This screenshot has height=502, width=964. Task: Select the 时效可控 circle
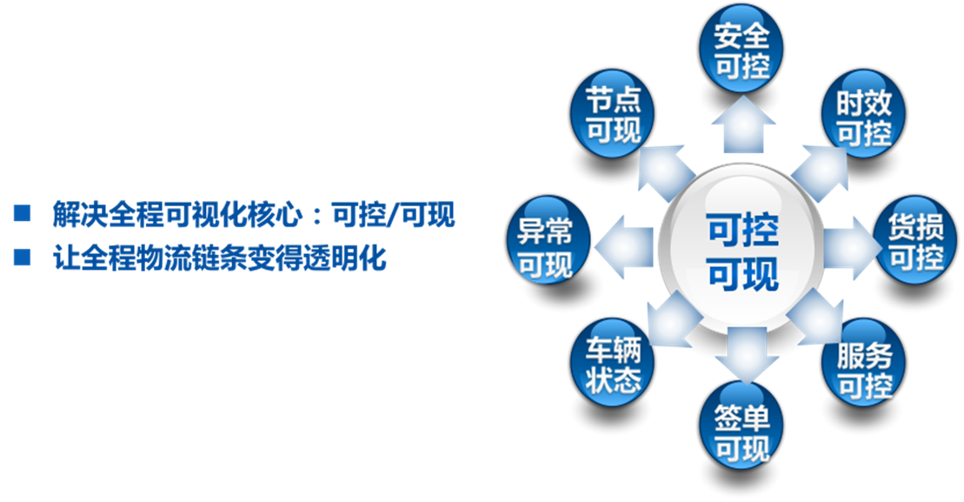point(864,113)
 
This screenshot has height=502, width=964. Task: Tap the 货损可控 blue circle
point(915,240)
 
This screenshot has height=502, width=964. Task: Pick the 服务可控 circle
point(864,363)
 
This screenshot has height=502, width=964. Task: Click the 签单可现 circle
point(741,425)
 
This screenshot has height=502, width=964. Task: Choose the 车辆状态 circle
point(612,363)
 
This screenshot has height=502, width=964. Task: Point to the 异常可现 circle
point(548,240)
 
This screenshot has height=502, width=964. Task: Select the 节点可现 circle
point(612,113)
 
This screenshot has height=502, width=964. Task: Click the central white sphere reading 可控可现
point(741,249)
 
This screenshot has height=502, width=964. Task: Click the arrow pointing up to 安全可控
point(743,125)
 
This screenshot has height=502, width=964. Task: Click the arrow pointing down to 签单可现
point(746,354)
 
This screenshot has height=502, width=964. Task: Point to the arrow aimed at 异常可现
point(625,247)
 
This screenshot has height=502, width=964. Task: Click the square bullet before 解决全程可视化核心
point(22,213)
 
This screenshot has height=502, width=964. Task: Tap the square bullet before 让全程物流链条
point(22,258)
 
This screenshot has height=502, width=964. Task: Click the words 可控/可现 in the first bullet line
point(394,214)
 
